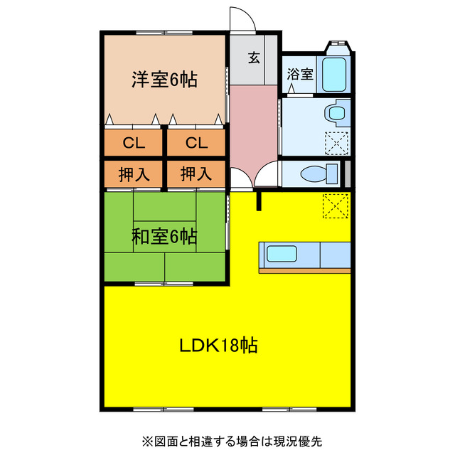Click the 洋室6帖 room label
[x=164, y=79]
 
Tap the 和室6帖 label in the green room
[x=164, y=237]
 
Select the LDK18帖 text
[x=218, y=346]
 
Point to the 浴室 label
[x=299, y=73]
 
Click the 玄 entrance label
[x=253, y=58]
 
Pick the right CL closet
[x=196, y=143]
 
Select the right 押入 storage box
[x=196, y=173]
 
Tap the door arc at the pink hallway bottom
[x=269, y=175]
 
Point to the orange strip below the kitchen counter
[x=304, y=271]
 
